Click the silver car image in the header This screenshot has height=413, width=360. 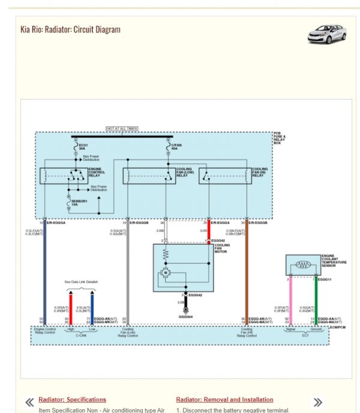point(326,34)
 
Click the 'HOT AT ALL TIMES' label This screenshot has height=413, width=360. point(122,128)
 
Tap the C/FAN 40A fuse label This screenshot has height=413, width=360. point(176,146)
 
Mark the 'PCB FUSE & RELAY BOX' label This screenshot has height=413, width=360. point(280,138)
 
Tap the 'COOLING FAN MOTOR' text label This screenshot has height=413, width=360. point(222,248)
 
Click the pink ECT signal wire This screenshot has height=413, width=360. point(290,300)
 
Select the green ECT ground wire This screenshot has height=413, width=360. point(316,300)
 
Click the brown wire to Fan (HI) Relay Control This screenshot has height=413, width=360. point(247,276)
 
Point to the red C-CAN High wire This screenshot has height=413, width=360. point(71,306)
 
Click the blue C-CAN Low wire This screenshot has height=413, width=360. point(92,306)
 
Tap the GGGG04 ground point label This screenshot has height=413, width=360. point(185,316)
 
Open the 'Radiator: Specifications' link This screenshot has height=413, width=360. point(72,399)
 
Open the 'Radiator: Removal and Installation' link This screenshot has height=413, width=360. point(224,399)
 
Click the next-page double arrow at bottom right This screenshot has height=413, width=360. point(318,402)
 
